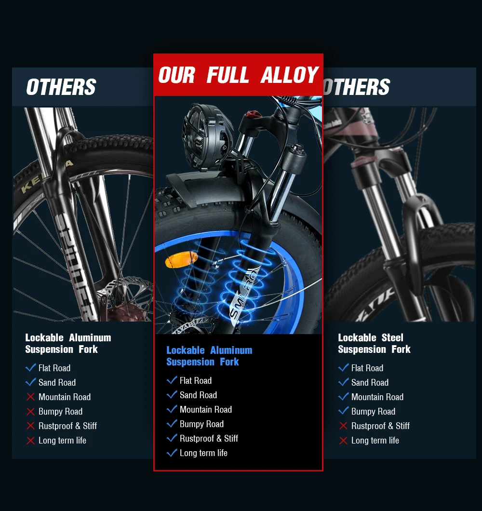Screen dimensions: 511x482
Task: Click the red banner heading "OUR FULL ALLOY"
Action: pos(238,75)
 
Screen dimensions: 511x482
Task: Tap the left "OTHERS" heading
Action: pos(61,87)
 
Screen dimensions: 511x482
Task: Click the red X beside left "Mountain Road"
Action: pos(31,397)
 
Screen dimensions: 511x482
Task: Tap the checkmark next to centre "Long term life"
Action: pos(172,453)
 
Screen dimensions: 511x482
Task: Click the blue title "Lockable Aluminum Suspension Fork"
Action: pos(209,356)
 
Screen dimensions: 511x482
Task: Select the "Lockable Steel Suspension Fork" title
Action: pos(374,343)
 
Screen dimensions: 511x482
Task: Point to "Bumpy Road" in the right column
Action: pos(373,411)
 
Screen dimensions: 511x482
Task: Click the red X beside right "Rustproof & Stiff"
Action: pos(343,426)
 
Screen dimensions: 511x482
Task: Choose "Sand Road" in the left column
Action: pos(57,382)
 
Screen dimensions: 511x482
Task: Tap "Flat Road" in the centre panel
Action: pos(196,380)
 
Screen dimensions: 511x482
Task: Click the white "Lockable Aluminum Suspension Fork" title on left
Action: pos(68,343)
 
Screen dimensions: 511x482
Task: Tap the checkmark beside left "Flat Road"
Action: pos(31,368)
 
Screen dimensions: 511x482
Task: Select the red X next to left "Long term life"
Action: pos(31,440)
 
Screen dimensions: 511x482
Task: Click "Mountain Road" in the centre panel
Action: pos(206,409)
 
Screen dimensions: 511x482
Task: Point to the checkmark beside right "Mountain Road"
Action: pos(343,397)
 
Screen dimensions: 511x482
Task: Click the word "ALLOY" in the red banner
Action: pos(290,75)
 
